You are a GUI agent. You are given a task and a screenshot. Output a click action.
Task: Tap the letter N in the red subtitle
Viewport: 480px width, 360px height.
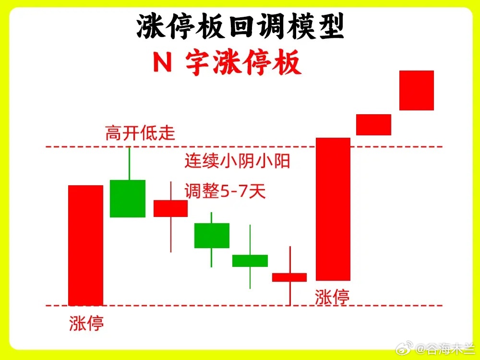pos(162,62)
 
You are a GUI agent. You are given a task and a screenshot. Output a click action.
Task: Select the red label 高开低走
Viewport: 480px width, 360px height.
pos(140,133)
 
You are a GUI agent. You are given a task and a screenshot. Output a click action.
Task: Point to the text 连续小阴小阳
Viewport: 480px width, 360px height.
pos(237,161)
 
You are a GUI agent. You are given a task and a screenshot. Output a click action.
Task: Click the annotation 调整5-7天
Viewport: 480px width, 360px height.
pos(225,191)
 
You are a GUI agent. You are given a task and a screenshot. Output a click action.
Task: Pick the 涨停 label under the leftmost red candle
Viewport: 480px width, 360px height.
pos(86,323)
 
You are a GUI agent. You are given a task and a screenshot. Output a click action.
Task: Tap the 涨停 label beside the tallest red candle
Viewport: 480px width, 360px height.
pos(332,297)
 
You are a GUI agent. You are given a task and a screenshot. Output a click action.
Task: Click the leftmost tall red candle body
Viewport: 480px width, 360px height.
pos(86,245)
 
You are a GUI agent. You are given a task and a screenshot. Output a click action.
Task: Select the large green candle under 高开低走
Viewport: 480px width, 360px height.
pos(128,199)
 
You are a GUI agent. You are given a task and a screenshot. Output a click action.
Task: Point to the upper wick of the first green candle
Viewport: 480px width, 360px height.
pos(130,164)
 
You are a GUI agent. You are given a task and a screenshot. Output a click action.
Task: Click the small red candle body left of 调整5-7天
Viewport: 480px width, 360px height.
pos(170,208)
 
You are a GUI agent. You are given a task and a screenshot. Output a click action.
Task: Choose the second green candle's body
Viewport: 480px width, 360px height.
pos(212,235)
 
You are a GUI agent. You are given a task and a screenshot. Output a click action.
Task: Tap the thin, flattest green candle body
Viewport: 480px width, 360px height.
pos(250,261)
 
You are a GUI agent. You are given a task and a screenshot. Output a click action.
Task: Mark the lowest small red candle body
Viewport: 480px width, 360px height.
pos(289,277)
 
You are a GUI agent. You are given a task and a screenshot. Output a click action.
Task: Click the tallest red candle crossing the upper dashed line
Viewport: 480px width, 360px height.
pos(333,209)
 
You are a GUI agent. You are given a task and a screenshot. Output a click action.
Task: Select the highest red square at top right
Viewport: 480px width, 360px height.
pos(417,90)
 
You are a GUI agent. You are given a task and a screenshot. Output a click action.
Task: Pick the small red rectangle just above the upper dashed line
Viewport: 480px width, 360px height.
pos(373,125)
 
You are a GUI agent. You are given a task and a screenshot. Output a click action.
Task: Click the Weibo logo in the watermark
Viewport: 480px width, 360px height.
pos(404,348)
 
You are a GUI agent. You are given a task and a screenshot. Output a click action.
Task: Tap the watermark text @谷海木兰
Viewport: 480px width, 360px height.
pos(445,348)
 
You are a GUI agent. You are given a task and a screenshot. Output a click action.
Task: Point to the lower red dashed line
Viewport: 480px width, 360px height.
pos(244,305)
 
